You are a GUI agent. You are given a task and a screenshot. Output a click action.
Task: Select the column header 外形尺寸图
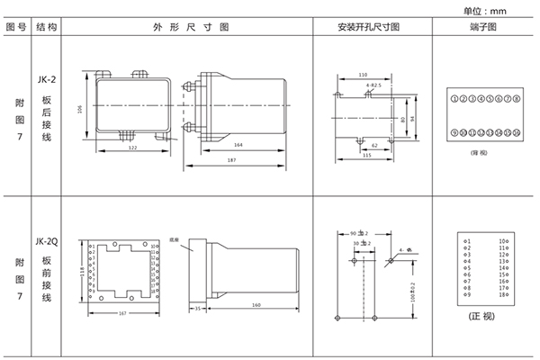click(x=189, y=28)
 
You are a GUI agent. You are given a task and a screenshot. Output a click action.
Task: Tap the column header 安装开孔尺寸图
click(x=368, y=28)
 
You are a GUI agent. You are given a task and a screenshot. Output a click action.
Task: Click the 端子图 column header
click(x=484, y=28)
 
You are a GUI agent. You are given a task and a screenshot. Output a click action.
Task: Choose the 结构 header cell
click(x=48, y=28)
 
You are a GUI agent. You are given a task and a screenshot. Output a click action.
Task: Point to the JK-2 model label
click(x=47, y=79)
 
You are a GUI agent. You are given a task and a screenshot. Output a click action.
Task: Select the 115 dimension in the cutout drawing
click(x=366, y=155)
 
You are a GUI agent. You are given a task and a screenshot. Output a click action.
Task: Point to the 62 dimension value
click(x=375, y=144)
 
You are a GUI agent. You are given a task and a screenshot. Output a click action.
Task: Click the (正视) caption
click(x=483, y=317)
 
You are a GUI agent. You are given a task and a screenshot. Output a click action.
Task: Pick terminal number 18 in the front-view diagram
click(x=502, y=295)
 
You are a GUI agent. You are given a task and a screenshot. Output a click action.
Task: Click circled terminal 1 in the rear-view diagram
click(x=454, y=96)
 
